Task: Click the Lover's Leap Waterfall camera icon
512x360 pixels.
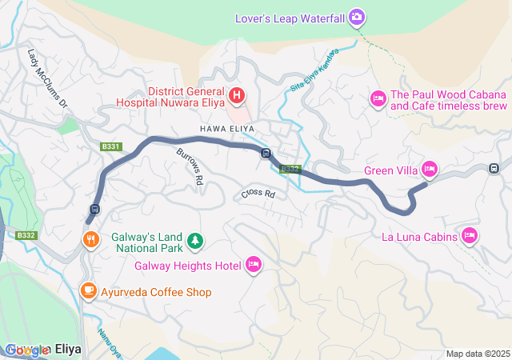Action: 357,17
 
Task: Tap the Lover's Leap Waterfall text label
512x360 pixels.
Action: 290,18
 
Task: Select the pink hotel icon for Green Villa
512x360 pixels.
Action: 429,168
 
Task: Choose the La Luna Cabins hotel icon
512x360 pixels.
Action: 470,235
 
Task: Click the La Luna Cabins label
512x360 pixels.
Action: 419,237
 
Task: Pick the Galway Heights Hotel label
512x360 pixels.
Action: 187,265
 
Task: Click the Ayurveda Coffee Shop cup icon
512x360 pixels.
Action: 88,291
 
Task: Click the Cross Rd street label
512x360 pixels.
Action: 258,194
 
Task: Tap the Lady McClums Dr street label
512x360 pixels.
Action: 49,76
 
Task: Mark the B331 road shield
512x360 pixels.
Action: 111,146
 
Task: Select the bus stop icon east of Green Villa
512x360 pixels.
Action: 494,168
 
